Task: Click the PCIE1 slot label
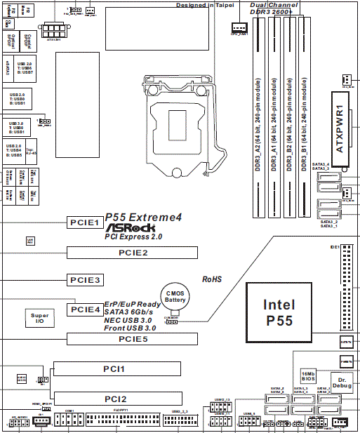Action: pos(85,222)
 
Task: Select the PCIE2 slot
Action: pos(132,252)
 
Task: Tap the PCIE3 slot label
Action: pos(85,279)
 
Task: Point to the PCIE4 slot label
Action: pos(85,309)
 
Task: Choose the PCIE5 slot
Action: pos(132,339)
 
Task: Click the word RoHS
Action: pos(212,279)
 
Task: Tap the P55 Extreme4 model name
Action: pos(143,218)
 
